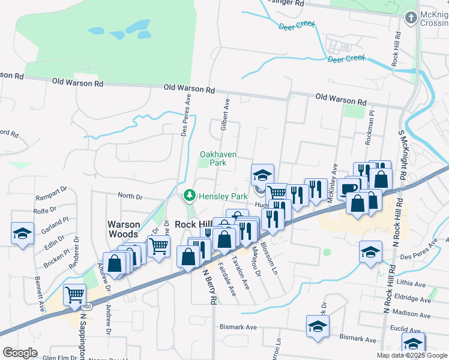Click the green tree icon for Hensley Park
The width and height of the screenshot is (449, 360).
190,196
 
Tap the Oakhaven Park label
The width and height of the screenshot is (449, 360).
218,158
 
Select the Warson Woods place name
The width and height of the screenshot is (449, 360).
124,229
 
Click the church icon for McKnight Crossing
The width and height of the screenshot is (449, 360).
411,18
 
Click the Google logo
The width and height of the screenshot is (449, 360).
20,353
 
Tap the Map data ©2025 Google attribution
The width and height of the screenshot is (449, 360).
412,355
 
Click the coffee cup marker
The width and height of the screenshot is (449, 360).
348,188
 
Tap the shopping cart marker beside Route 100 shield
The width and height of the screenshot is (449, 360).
74,294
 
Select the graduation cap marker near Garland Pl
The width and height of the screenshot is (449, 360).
23,233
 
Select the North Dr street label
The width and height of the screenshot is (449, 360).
130,196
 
